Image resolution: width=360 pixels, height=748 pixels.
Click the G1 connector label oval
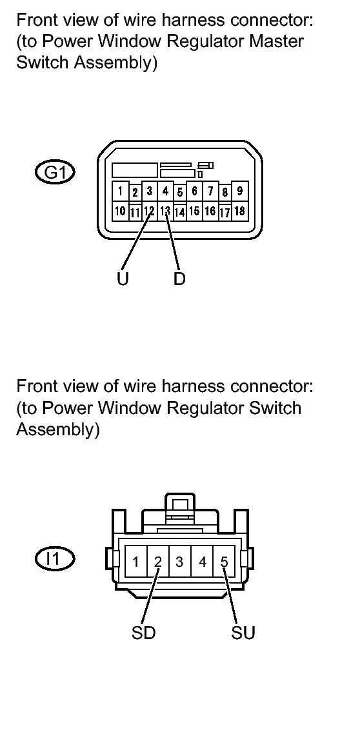[x=55, y=173]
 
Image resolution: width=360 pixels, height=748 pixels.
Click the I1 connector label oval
[x=55, y=558]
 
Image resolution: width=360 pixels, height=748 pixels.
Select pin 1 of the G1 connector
[x=120, y=192]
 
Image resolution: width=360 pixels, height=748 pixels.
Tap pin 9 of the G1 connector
[x=239, y=192]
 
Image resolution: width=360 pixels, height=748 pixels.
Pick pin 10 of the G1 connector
[x=120, y=211]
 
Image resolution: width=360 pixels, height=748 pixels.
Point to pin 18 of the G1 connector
[x=239, y=211]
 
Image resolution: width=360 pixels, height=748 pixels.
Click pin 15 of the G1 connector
[x=194, y=211]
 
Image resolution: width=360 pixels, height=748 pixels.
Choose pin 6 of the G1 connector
[x=194, y=192]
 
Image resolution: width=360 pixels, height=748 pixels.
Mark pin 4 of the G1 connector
[x=165, y=192]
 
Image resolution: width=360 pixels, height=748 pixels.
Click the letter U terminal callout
[x=123, y=279]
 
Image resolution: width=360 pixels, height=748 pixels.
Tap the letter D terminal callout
[x=179, y=279]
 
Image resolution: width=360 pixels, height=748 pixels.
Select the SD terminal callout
[x=144, y=633]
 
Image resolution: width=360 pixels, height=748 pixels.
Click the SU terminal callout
[x=243, y=633]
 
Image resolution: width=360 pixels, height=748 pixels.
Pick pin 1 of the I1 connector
[x=136, y=562]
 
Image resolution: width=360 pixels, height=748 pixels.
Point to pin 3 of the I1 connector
[x=180, y=562]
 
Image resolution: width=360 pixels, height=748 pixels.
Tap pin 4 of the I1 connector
[x=202, y=562]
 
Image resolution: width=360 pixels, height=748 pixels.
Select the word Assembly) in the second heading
[x=58, y=431]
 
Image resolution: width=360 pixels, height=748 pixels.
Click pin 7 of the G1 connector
[x=209, y=192]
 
